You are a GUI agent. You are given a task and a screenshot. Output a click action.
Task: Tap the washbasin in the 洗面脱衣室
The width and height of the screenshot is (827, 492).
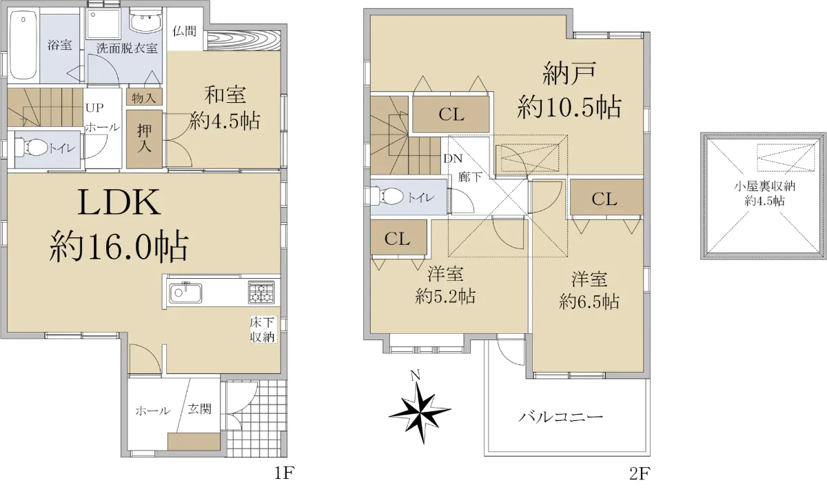point(146,23)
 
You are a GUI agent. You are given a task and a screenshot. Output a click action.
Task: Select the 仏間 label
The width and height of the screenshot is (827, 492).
point(184,31)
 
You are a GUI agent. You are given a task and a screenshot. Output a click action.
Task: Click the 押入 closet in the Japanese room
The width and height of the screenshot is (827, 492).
point(144,139)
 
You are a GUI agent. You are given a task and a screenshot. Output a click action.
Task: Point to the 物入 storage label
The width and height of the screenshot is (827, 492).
point(144,98)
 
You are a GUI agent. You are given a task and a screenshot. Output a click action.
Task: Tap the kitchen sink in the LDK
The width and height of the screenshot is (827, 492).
point(185,293)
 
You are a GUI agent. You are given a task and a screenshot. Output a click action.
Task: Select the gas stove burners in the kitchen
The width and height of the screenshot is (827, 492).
point(261,292)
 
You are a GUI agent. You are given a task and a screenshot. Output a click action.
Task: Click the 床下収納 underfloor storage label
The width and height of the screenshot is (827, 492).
point(263,330)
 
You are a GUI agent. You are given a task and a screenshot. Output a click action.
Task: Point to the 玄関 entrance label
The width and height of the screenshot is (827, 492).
point(200,409)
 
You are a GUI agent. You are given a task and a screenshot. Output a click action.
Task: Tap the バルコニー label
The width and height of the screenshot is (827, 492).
point(560,417)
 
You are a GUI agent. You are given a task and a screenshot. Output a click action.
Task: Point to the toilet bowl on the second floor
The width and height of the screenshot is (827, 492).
point(388,196)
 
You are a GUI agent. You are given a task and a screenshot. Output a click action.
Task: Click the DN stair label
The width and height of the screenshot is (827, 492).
point(453,159)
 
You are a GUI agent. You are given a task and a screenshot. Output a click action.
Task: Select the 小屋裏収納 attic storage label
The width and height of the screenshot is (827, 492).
point(764,186)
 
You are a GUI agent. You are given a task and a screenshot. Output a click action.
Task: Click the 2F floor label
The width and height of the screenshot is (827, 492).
point(640,473)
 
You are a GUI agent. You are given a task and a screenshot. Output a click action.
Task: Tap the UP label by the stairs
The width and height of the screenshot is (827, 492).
point(94,108)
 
